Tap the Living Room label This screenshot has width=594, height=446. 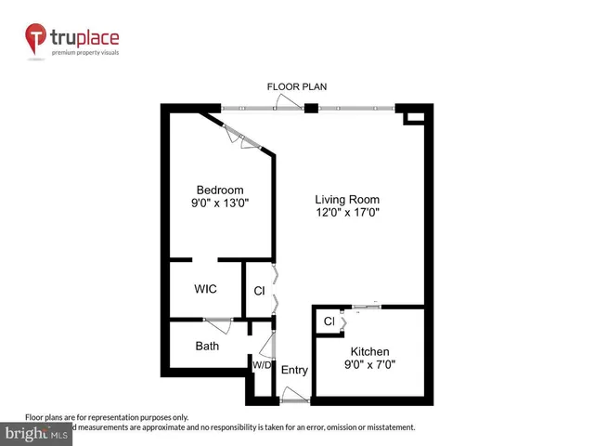pos(347,199)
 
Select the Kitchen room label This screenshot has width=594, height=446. pos(369,351)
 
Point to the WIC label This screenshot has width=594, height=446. pos(205,289)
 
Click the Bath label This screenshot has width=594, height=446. pos(207,347)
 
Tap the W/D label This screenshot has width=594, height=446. pos(262,364)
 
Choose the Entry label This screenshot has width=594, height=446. pos(294,370)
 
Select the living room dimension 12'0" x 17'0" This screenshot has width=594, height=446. pos(347,213)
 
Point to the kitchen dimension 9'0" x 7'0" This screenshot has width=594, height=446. pos(369,365)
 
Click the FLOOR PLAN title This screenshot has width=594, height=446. pos(297,86)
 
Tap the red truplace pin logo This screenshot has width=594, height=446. pos(36,40)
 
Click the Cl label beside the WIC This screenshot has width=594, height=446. pos(259,291)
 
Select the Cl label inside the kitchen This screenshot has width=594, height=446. pos(329,321)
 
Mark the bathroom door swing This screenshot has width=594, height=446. pos(219,324)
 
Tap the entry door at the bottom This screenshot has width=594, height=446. pos(296,400)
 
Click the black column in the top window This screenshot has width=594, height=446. pos(311,108)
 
